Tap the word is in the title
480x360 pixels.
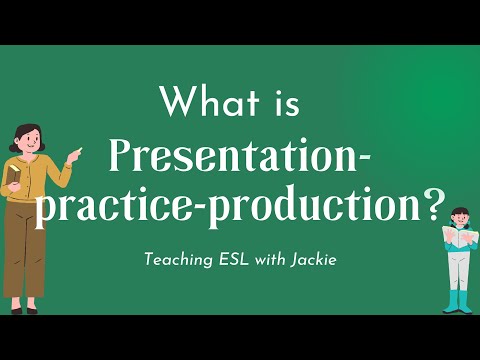[x=284, y=102]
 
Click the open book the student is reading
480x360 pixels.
[x=459, y=239]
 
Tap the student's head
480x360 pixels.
[x=459, y=217]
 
